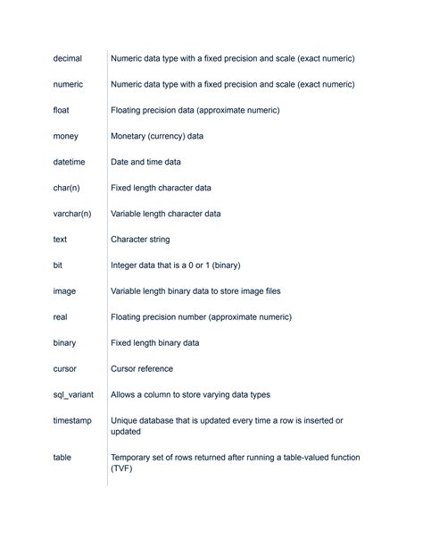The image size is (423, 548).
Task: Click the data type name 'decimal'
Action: click(x=68, y=58)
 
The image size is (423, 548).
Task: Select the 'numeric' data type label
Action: click(x=68, y=84)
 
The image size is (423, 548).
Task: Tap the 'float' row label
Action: click(x=61, y=110)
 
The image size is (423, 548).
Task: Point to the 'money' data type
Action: click(x=66, y=136)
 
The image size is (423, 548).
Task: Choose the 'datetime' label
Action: click(x=70, y=162)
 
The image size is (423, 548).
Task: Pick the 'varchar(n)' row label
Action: click(x=73, y=214)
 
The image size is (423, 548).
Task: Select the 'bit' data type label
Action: click(x=58, y=266)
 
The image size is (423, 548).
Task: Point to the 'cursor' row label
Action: click(x=65, y=368)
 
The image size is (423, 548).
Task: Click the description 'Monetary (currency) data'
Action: click(x=157, y=136)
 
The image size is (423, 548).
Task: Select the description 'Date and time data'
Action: click(x=145, y=162)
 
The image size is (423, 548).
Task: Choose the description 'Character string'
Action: click(x=140, y=240)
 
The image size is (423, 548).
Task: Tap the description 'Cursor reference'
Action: click(x=142, y=368)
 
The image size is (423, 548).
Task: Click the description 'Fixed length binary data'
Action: click(x=154, y=342)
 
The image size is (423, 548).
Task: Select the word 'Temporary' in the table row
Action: click(x=132, y=457)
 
